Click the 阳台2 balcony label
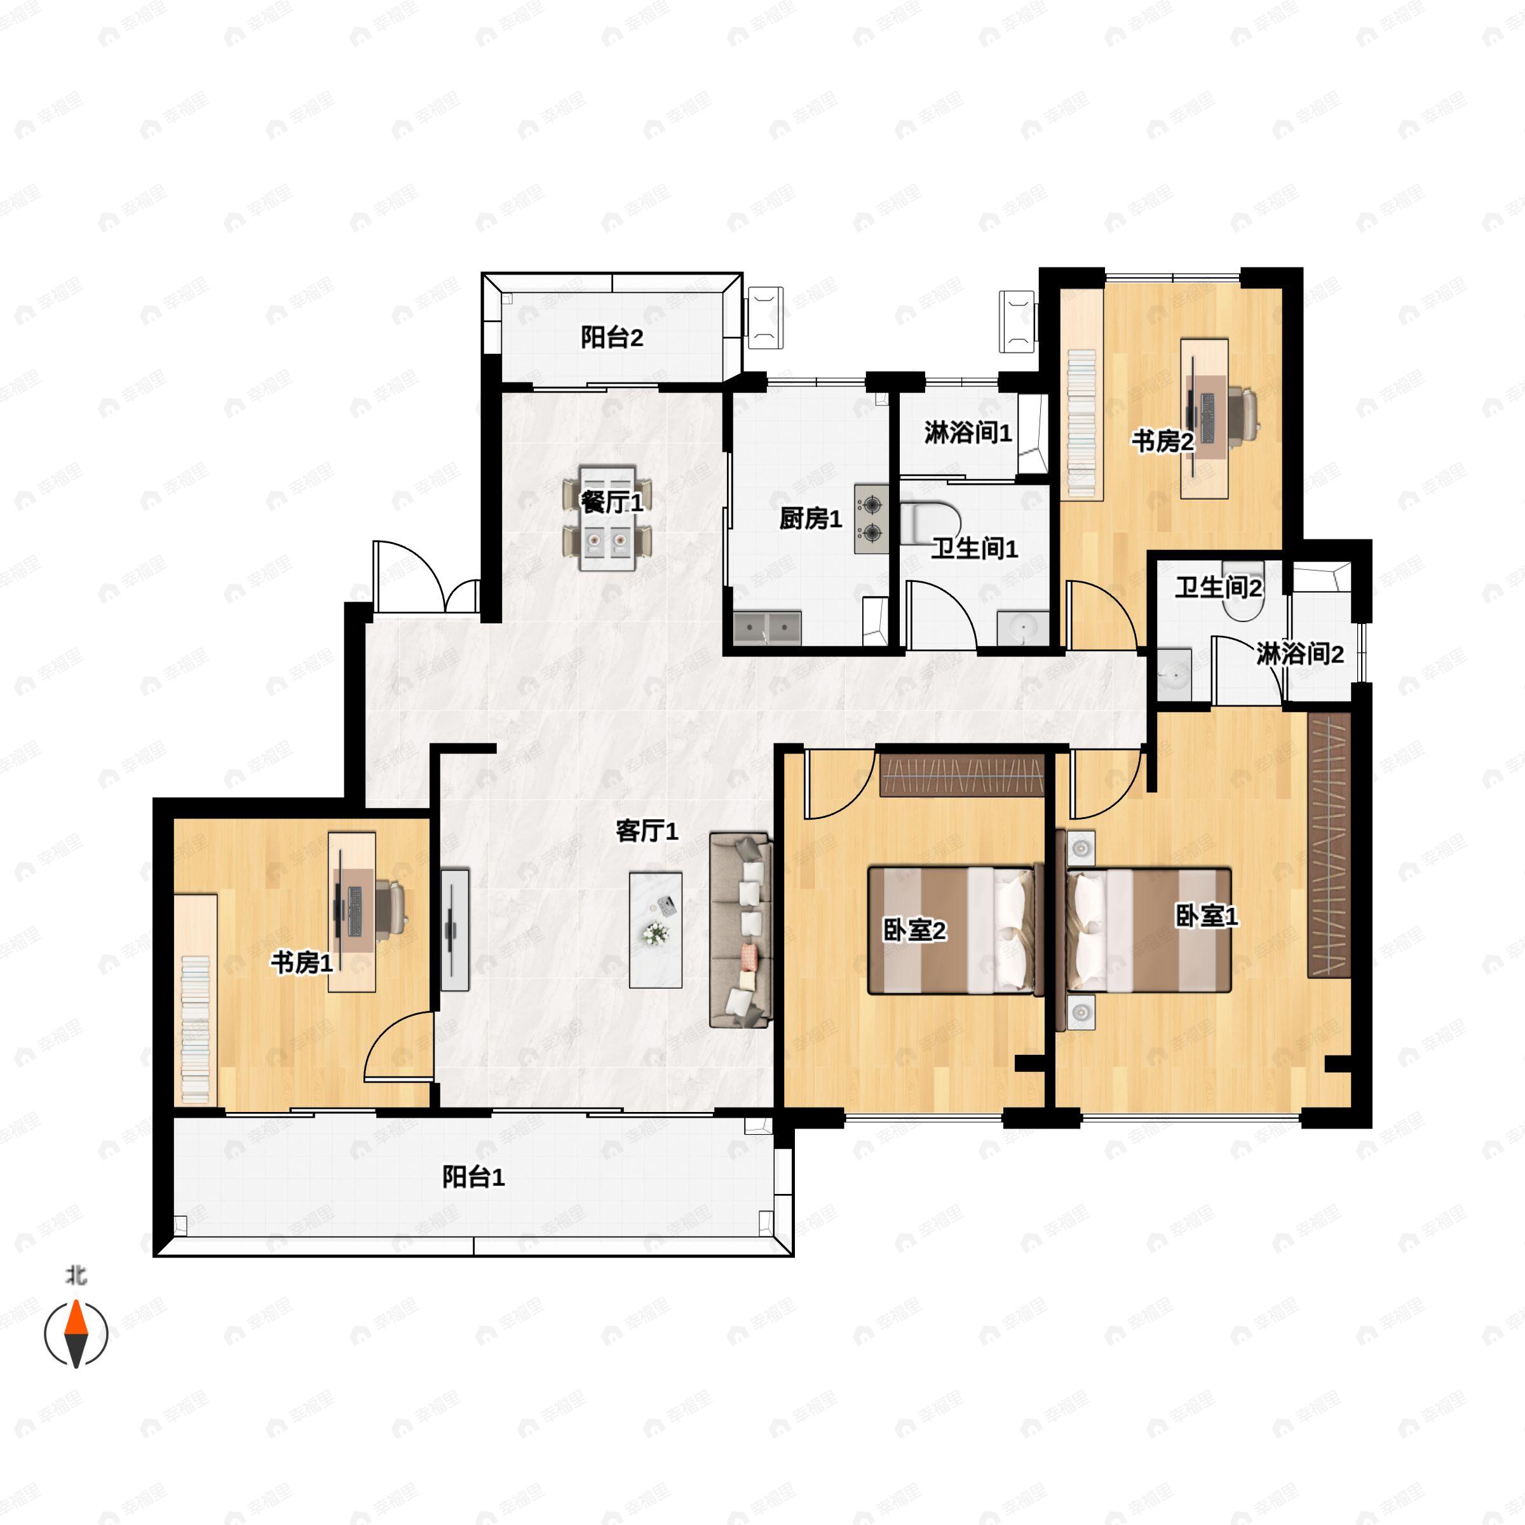pyautogui.click(x=612, y=338)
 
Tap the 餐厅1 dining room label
pyautogui.click(x=612, y=502)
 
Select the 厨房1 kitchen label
pyautogui.click(x=811, y=518)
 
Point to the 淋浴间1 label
pyautogui.click(x=968, y=433)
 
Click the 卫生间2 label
pyautogui.click(x=1219, y=587)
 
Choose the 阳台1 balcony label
pyautogui.click(x=473, y=1177)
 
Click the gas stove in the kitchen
pyautogui.click(x=871, y=518)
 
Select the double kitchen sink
pyautogui.click(x=767, y=628)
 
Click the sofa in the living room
pyautogui.click(x=740, y=930)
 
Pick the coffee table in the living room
pyautogui.click(x=655, y=930)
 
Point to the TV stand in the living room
pyautogui.click(x=455, y=930)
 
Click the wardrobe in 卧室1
pyautogui.click(x=1329, y=845)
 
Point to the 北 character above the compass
pyautogui.click(x=76, y=1275)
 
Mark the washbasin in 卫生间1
pyautogui.click(x=1023, y=629)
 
